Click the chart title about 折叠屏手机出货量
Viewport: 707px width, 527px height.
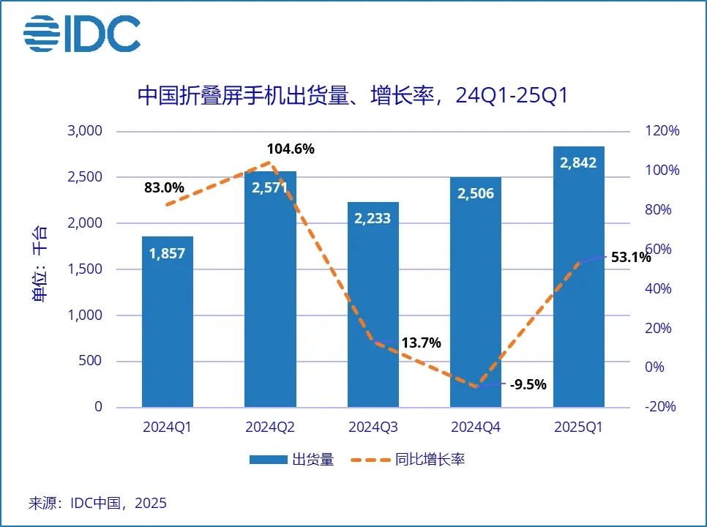(x=353, y=96)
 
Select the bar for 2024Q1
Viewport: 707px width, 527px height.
(x=168, y=322)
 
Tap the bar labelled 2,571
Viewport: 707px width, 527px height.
(x=270, y=293)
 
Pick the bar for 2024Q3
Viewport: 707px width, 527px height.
(x=373, y=307)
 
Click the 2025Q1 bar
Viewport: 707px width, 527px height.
(x=578, y=278)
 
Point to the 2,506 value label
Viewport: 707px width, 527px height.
(x=476, y=193)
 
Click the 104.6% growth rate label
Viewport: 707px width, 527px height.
(x=291, y=149)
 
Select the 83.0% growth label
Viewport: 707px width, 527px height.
(x=164, y=187)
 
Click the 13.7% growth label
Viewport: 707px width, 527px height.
(x=421, y=343)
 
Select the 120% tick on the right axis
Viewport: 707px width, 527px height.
(x=662, y=131)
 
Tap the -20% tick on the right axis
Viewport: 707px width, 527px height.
(x=662, y=407)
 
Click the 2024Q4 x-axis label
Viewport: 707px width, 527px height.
(x=476, y=427)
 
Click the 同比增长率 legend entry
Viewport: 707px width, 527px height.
(x=409, y=460)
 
